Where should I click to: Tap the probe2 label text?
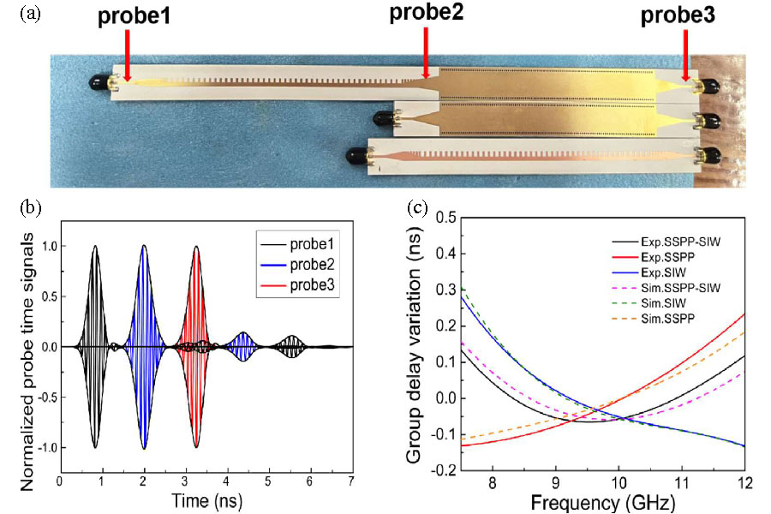426,14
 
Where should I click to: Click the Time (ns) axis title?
204,499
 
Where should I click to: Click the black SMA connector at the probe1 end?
101,82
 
